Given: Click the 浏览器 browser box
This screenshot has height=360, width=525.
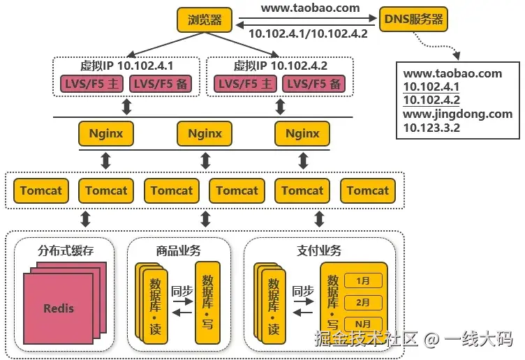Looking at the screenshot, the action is pyautogui.click(x=205, y=20).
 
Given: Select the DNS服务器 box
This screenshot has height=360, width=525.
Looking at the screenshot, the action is pyautogui.click(x=413, y=19).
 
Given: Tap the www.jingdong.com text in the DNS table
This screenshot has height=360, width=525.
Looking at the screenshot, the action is pyautogui.click(x=458, y=114).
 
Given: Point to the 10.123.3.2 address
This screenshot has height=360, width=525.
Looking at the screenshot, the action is pyautogui.click(x=431, y=128).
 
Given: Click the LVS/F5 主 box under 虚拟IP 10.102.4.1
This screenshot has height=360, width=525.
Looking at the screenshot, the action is pyautogui.click(x=91, y=84).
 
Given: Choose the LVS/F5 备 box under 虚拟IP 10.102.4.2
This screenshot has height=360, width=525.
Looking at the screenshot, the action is pyautogui.click(x=313, y=84).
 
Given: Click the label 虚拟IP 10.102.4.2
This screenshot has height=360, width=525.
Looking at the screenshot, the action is pyautogui.click(x=280, y=66).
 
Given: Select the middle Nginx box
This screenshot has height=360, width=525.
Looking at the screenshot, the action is pyautogui.click(x=205, y=133).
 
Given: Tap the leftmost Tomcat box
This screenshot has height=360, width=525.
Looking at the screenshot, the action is pyautogui.click(x=41, y=190).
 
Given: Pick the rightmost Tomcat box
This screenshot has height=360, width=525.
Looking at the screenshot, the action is pyautogui.click(x=368, y=190).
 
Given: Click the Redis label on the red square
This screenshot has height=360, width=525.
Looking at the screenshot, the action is pyautogui.click(x=59, y=308).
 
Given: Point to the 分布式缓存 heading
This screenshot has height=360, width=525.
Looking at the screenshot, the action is pyautogui.click(x=66, y=250).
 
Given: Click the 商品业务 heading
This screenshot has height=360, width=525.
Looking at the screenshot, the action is pyautogui.click(x=178, y=250).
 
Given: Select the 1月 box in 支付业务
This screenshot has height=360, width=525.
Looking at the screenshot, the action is pyautogui.click(x=363, y=280).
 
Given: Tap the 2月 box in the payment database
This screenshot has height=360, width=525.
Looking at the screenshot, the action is pyautogui.click(x=363, y=303).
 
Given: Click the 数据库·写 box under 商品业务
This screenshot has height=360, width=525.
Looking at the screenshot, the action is pyautogui.click(x=207, y=303).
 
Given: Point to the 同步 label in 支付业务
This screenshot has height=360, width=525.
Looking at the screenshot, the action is pyautogui.click(x=303, y=291).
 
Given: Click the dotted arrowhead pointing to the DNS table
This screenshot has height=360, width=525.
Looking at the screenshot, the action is pyautogui.click(x=457, y=56).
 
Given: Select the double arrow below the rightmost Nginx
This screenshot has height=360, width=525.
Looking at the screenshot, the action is pyautogui.click(x=303, y=160).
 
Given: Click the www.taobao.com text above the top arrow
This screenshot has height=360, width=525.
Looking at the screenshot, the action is pyautogui.click(x=311, y=8).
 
